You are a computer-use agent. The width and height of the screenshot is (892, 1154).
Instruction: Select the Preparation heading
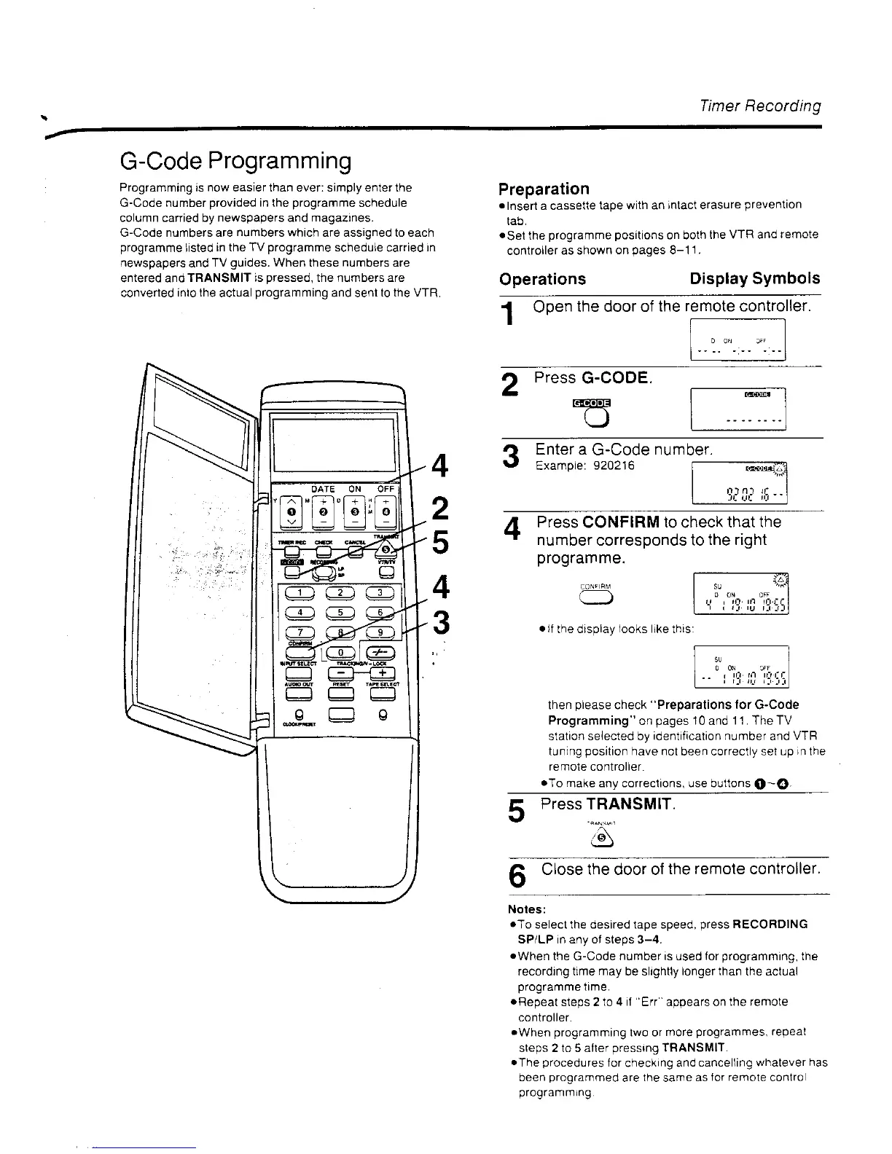coord(544,189)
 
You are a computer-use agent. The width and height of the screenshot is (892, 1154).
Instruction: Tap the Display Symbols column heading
coord(754,279)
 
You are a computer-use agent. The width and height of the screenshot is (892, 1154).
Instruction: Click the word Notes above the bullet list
coord(525,909)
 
